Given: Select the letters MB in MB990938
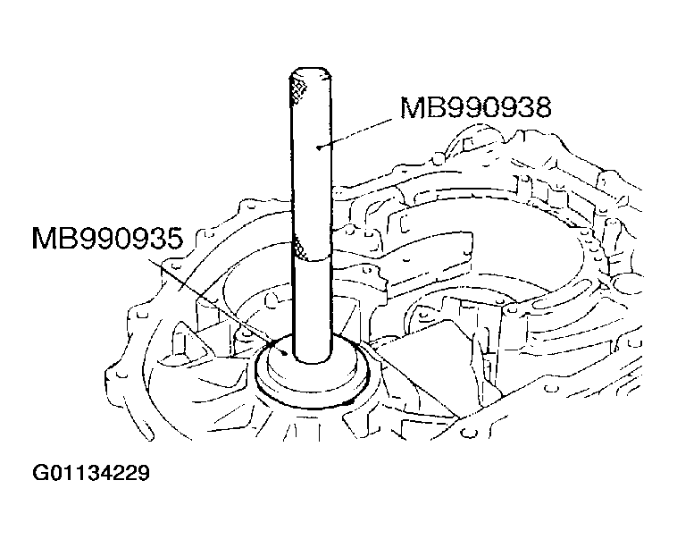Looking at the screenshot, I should (x=421, y=108).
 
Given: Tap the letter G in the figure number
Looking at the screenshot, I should (x=38, y=472).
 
